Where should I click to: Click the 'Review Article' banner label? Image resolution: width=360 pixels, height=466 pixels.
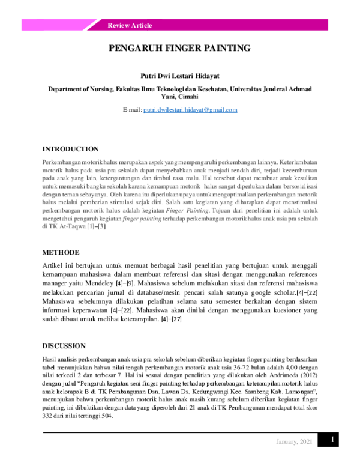point(130,25)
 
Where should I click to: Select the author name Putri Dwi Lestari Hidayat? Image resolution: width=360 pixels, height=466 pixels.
point(180,76)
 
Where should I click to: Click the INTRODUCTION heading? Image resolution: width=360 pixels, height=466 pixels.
point(70,149)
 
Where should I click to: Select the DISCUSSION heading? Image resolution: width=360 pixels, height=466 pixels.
point(64,345)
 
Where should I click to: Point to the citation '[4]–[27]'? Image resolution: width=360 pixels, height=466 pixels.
point(168,319)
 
